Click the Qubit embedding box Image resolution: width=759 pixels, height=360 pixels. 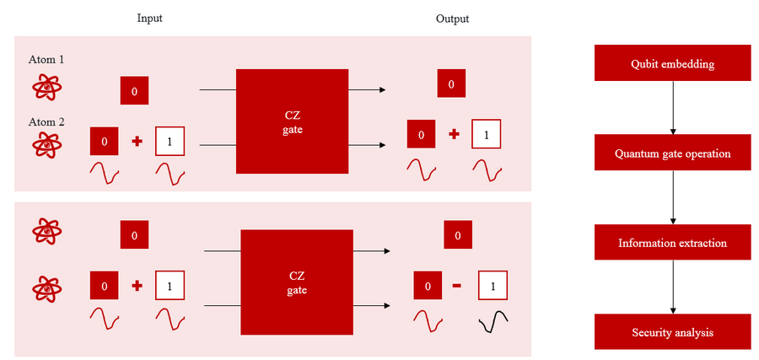[x=672, y=64]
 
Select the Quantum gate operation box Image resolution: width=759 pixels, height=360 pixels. [x=672, y=154]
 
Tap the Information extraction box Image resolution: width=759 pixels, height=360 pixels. [x=672, y=243]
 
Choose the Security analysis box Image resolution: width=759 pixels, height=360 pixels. [x=672, y=332]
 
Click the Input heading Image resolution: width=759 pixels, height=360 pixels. [x=149, y=19]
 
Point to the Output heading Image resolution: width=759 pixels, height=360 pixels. [x=452, y=19]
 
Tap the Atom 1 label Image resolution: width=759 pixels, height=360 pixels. [x=46, y=60]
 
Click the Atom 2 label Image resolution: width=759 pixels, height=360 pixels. [x=46, y=121]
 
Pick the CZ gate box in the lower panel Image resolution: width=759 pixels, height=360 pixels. [x=298, y=283]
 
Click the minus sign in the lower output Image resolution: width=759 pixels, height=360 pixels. [x=457, y=286]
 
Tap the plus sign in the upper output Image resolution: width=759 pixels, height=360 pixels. [x=454, y=134]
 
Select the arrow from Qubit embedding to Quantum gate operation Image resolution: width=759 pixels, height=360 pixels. [x=672, y=108]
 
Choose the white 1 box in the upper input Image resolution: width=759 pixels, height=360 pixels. [x=170, y=142]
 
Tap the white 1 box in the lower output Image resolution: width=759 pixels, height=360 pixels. [x=493, y=287]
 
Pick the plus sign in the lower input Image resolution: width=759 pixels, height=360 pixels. [x=137, y=286]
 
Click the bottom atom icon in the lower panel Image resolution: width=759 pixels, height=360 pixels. [x=46, y=287]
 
